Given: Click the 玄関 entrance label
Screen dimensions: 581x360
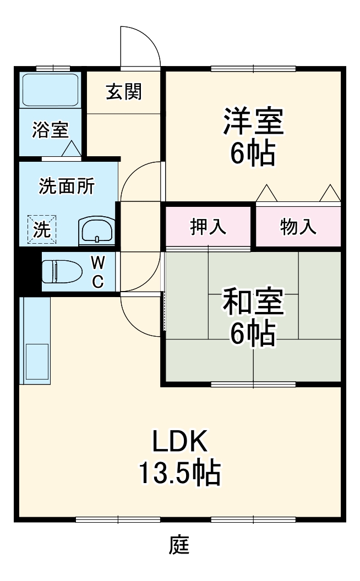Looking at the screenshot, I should tap(124, 92).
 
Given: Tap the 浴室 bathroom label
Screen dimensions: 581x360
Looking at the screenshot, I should tap(50, 130).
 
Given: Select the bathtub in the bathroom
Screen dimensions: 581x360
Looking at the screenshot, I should tap(50, 89).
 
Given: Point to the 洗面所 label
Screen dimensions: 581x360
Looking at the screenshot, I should tap(66, 187).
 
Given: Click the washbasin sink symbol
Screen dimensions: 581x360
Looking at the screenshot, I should tap(96, 231).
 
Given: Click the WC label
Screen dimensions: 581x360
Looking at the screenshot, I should tap(97, 271).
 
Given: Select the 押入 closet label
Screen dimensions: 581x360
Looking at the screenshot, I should tap(208, 226).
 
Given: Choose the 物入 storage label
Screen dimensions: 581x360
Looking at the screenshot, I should tap(298, 226).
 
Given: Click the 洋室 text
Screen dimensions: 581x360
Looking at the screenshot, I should tap(253, 122).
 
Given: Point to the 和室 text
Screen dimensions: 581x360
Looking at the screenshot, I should tap(253, 302).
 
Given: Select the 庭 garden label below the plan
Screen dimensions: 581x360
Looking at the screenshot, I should tap(179, 545).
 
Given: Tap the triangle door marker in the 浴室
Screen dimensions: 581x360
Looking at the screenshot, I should tap(70, 149).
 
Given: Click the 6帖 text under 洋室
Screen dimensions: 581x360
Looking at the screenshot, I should tap(253, 154).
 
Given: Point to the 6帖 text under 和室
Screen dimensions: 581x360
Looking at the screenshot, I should tap(253, 333).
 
